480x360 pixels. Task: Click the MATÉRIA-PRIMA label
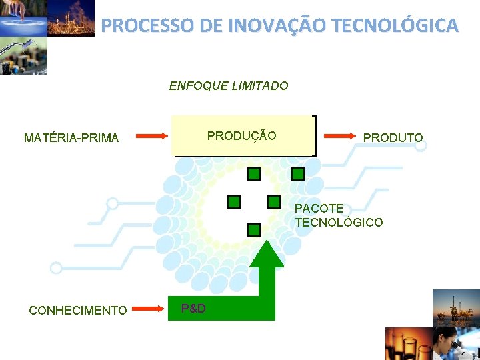tap(71, 138)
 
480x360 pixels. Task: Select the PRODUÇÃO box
tap(243, 136)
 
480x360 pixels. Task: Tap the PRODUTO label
tap(393, 138)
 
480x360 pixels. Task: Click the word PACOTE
tap(319, 209)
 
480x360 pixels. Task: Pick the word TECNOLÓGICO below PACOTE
tap(339, 222)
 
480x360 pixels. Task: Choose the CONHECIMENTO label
tap(78, 310)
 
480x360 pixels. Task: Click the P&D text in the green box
tap(193, 308)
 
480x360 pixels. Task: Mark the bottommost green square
tap(253, 230)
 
